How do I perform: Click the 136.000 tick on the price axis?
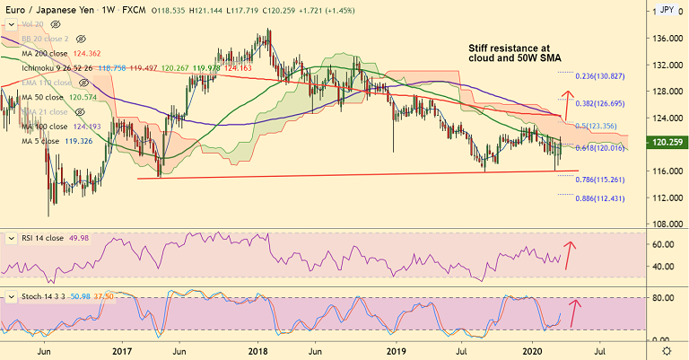tap(665, 39)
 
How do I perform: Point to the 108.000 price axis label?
tap(665, 224)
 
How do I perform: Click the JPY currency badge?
tap(667, 10)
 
